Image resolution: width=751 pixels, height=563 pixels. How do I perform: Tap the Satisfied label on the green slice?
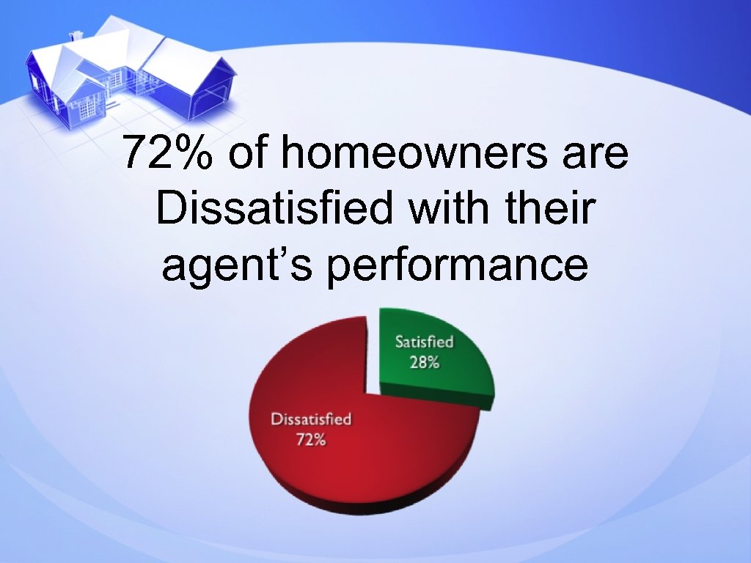[x=425, y=342]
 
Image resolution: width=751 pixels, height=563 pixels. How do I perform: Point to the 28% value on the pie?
[x=425, y=362]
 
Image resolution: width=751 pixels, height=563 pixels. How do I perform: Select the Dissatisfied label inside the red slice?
[x=311, y=420]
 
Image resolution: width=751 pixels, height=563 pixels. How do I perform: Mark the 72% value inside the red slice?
[x=311, y=441]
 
